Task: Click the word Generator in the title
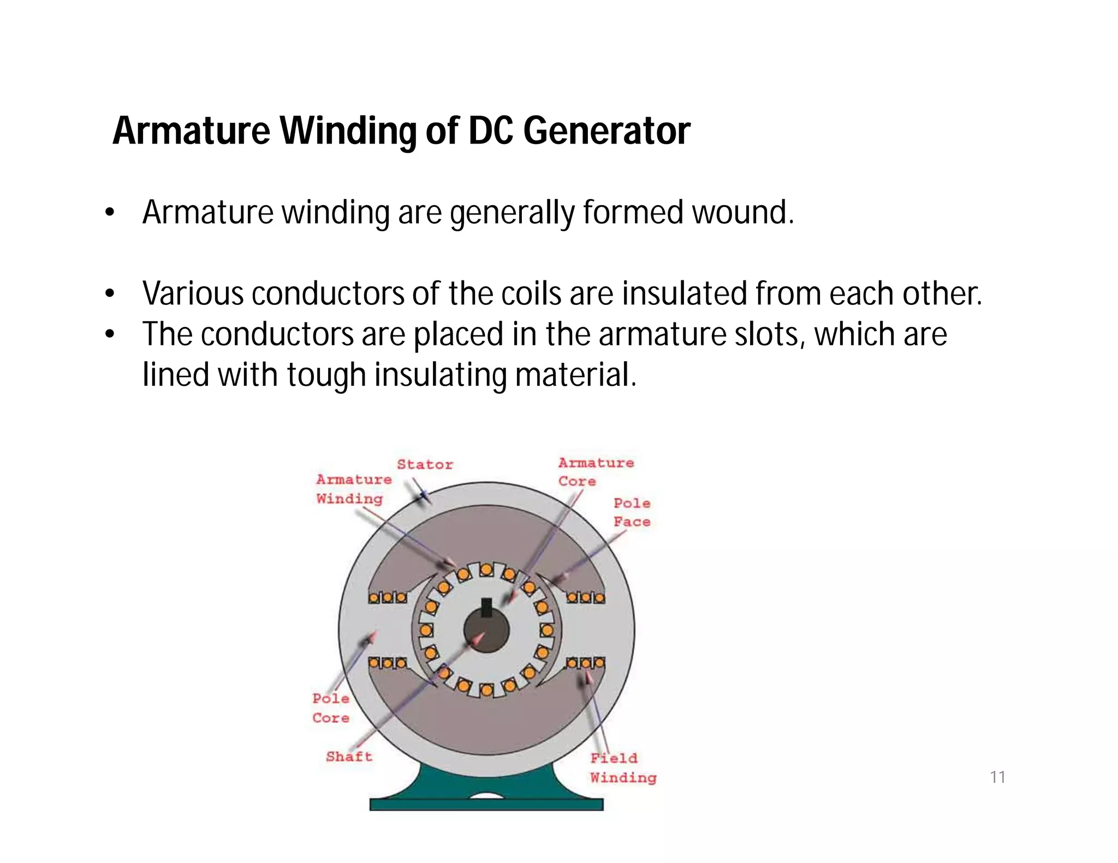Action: tap(606, 131)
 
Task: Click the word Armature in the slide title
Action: tap(191, 131)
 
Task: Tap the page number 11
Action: tap(997, 777)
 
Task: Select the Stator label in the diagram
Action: tap(425, 465)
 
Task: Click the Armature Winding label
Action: tap(353, 489)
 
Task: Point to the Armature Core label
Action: tap(595, 472)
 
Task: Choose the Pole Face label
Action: tap(632, 512)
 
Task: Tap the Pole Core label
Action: tap(331, 708)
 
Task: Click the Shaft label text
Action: tap(349, 757)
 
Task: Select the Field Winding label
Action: tap(622, 768)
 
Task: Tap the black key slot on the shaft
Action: tap(486, 607)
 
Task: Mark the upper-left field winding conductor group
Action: tap(387, 598)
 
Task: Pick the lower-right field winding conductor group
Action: tap(585, 663)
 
